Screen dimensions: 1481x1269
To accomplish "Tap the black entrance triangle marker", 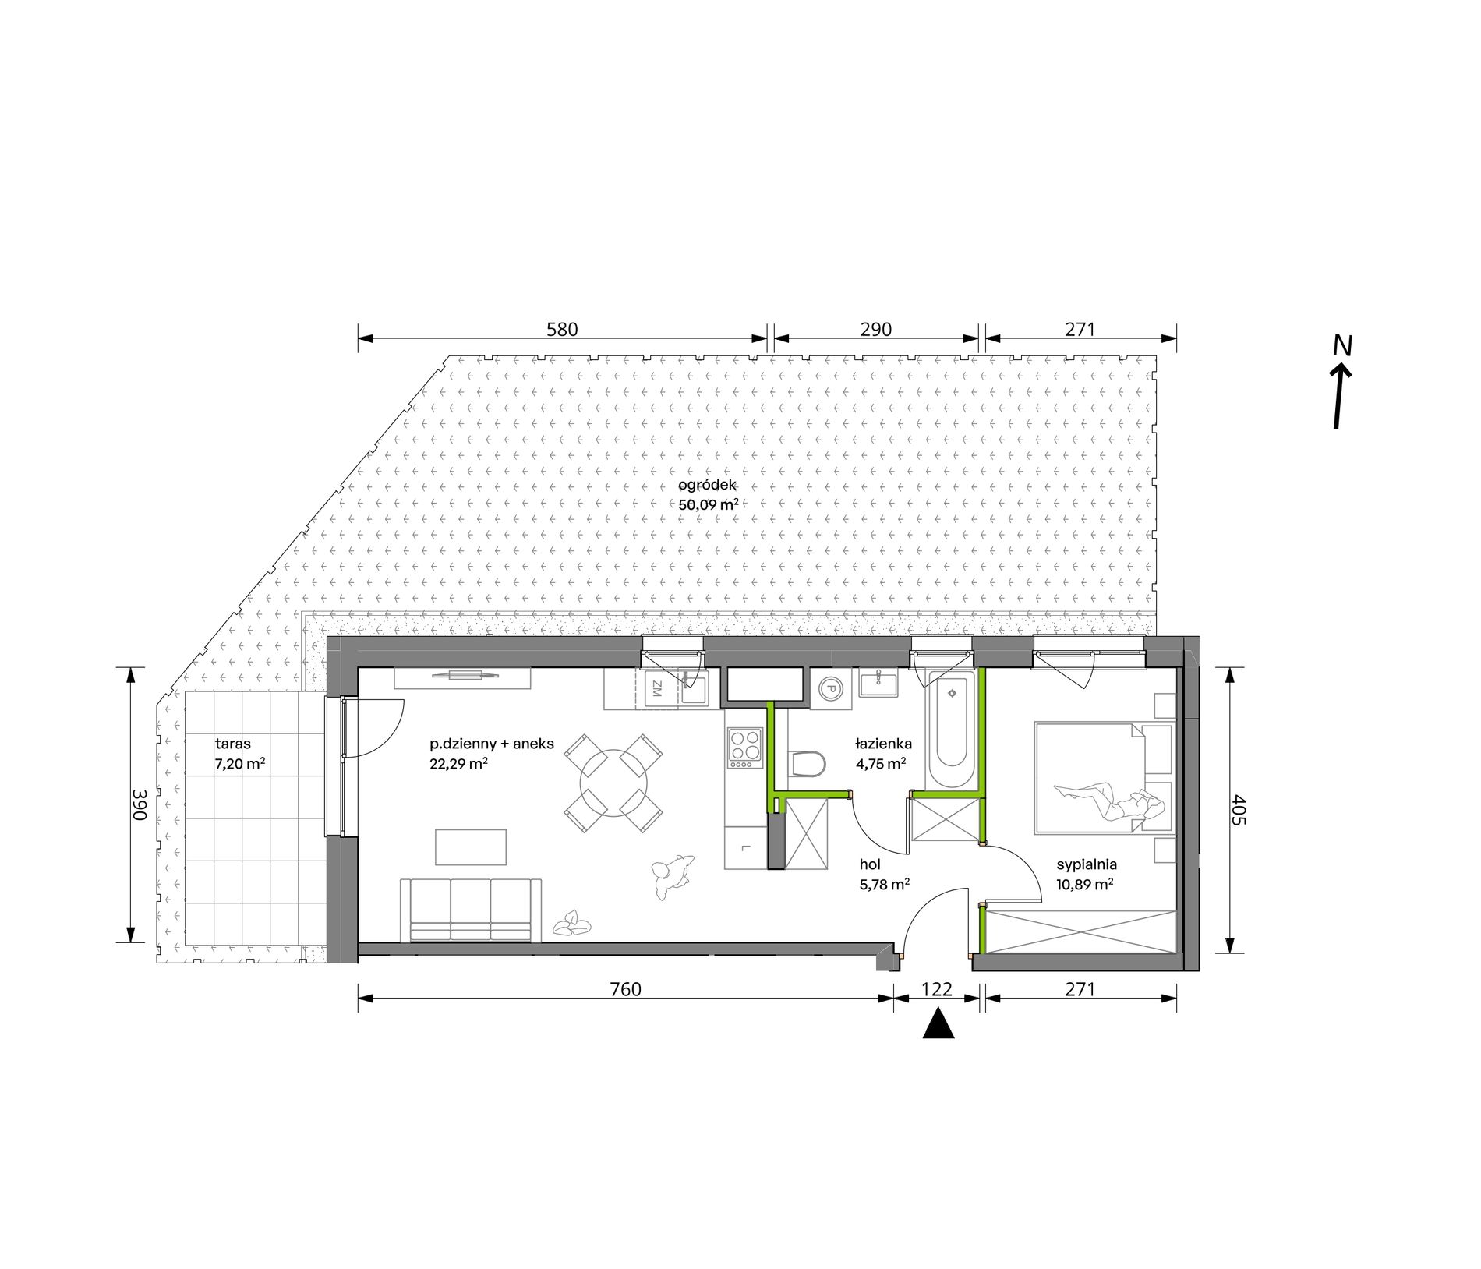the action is pyautogui.click(x=938, y=1023).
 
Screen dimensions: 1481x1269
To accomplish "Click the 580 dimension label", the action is pyautogui.click(x=562, y=330).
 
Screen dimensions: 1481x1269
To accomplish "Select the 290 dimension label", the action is pyautogui.click(x=875, y=330).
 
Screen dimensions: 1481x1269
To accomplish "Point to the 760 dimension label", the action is pyautogui.click(x=625, y=989).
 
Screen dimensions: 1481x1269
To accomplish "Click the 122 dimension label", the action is pyautogui.click(x=937, y=989).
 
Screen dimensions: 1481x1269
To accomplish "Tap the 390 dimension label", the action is pyautogui.click(x=140, y=804).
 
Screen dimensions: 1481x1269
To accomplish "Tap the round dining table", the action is pyautogui.click(x=613, y=783).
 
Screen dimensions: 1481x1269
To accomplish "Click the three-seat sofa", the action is pyautogui.click(x=471, y=910).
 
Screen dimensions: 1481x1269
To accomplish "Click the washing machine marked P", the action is pyautogui.click(x=831, y=688).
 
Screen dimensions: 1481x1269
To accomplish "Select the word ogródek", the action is pyautogui.click(x=707, y=485).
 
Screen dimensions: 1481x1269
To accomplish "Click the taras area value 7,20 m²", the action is pyautogui.click(x=239, y=764).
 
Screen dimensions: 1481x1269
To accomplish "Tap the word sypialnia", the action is pyautogui.click(x=1087, y=864).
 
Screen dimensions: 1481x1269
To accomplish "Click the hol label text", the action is pyautogui.click(x=870, y=864).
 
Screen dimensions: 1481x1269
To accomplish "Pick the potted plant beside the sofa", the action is pyautogui.click(x=571, y=924).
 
